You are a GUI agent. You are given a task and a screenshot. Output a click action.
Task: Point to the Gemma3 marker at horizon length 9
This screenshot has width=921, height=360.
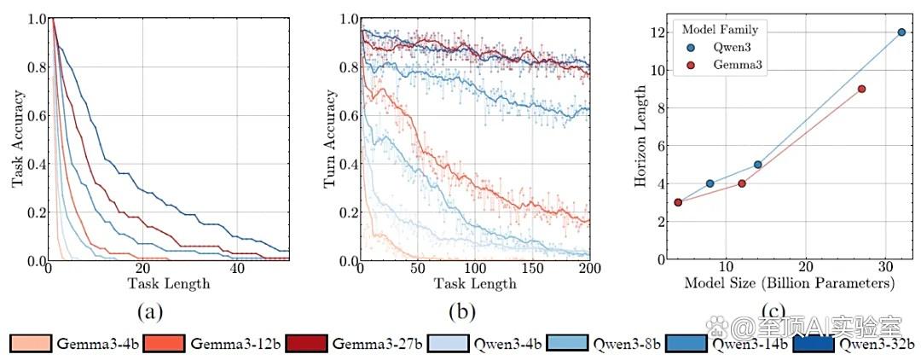pyautogui.click(x=844, y=89)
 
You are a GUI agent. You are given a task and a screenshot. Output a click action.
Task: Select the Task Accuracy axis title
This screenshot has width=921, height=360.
pyautogui.click(x=18, y=138)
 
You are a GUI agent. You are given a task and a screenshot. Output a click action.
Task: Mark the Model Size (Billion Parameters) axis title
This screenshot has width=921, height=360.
pyautogui.click(x=790, y=284)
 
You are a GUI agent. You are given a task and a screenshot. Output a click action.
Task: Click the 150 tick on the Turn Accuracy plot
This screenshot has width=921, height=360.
pyautogui.click(x=532, y=269)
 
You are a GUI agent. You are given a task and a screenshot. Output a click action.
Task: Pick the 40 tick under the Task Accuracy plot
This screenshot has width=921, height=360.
pyautogui.click(x=237, y=269)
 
